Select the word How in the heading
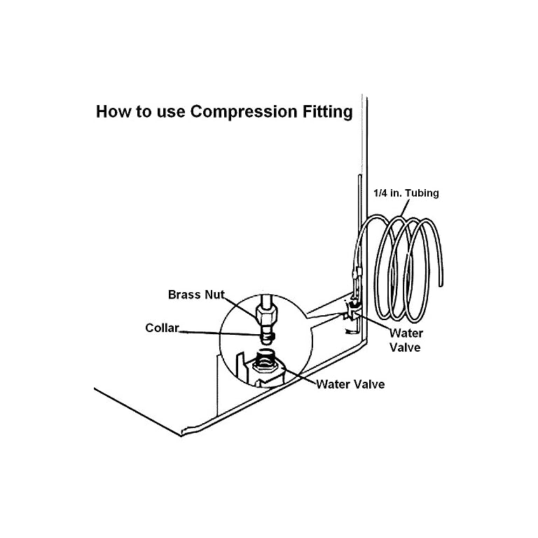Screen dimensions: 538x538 (x=110, y=112)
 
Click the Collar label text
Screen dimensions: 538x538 (x=162, y=327)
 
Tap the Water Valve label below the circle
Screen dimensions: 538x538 (x=350, y=384)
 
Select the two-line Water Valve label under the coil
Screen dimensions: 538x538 (x=406, y=340)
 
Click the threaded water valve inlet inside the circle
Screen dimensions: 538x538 (x=265, y=363)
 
